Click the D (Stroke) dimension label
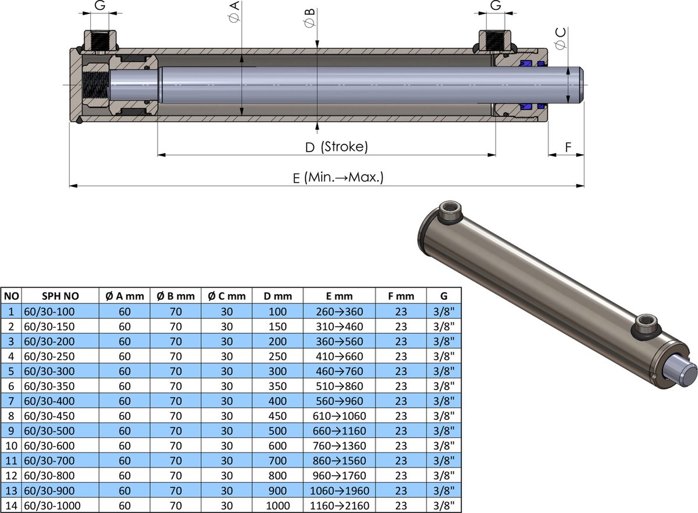pos(337,147)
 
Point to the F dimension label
pos(568,147)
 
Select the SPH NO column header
pos(56,296)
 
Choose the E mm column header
pos(339,296)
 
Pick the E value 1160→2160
pos(339,505)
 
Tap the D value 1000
pos(277,505)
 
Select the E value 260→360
pos(339,312)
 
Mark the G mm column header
pos(444,296)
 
